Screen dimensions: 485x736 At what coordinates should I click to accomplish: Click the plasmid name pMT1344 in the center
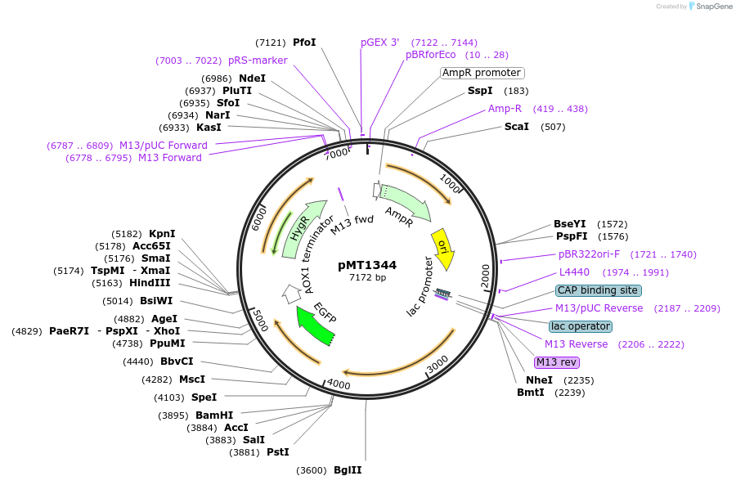pos(367,265)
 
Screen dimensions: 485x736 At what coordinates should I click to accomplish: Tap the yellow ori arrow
pos(442,249)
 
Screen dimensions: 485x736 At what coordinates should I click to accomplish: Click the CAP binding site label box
pos(599,290)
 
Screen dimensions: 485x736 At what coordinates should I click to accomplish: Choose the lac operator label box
pos(581,326)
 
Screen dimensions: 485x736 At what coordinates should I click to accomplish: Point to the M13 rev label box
pos(557,362)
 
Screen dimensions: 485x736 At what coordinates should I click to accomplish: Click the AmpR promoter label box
pos(482,73)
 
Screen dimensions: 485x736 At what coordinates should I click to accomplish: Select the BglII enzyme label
pos(348,470)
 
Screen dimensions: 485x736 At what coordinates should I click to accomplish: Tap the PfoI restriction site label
pos(304,43)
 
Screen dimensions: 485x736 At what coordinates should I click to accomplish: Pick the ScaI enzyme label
pos(517,127)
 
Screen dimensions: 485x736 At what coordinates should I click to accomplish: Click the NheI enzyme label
pos(540,380)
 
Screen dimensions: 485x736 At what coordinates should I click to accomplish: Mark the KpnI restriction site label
pos(162,234)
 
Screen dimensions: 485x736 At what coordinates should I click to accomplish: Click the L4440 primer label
pos(574,272)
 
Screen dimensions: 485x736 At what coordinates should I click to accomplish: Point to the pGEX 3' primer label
pos(380,43)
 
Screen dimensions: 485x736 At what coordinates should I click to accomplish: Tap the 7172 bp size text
pos(367,278)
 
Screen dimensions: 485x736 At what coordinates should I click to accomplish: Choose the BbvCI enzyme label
pos(177,362)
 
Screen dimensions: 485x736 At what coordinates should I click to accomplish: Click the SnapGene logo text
pos(715,7)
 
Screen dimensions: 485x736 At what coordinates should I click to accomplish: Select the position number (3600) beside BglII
pos(312,470)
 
